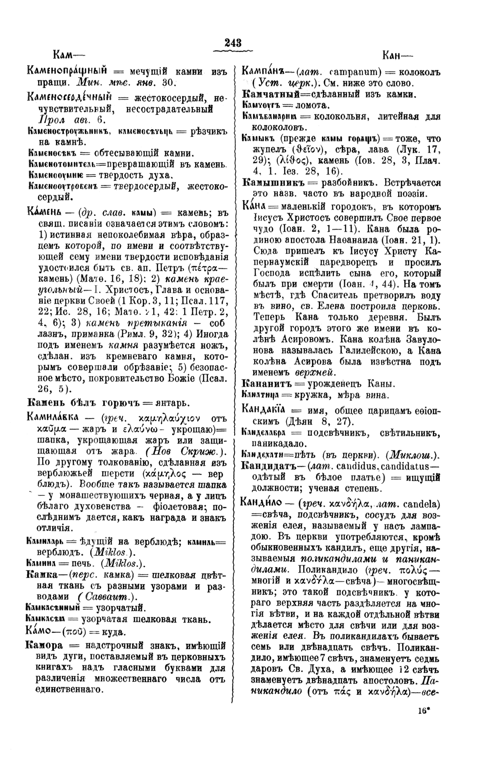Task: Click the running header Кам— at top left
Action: click(68, 55)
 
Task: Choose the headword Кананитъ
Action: click(266, 384)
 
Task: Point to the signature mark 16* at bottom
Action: click(424, 710)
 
